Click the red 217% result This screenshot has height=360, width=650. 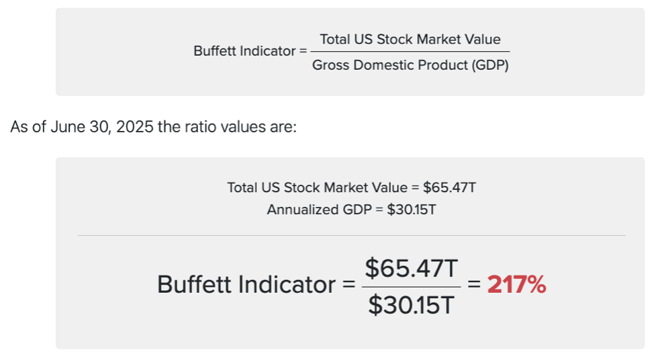[x=516, y=285]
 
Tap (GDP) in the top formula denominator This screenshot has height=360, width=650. [x=490, y=65]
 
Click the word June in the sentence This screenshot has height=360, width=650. [x=67, y=127]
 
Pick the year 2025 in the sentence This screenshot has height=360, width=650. [x=135, y=127]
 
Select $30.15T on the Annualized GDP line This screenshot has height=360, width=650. [x=412, y=210]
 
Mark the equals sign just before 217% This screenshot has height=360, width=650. [x=474, y=285]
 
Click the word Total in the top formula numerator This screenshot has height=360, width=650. [x=334, y=39]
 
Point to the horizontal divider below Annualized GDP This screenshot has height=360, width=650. [x=351, y=235]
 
